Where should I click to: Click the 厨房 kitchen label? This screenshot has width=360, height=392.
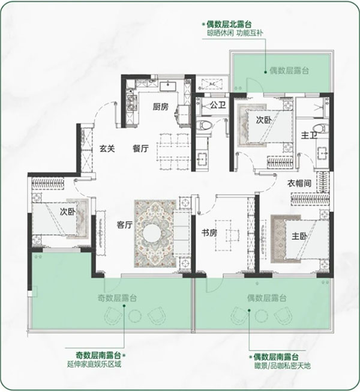pos(161,107)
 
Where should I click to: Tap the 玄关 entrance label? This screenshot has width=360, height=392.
pos(107,149)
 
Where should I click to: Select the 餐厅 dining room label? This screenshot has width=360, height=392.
pos(140,149)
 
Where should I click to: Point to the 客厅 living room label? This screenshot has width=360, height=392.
pos(124,225)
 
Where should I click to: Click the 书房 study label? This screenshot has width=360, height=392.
pos(209,233)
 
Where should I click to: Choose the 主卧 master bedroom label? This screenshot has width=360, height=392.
pos(299,236)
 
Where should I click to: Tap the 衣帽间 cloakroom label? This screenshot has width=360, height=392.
pos(299,184)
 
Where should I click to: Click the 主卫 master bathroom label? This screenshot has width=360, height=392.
pos(309,135)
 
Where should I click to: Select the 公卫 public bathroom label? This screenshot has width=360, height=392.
pos(218,105)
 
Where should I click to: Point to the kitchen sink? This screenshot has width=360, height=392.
pos(168,86)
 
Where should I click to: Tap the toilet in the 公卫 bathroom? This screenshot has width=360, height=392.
pos(205,125)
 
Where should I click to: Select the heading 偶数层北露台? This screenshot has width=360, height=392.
pos(229,24)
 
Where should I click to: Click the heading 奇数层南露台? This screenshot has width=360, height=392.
pos(98,355)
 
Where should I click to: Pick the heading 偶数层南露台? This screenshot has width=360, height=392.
pos(276,357)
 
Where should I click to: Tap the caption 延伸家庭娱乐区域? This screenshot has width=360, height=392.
pos(94,364)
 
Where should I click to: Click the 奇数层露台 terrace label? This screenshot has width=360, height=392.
pos(117,298)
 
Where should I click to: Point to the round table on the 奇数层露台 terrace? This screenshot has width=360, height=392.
pos(135,316)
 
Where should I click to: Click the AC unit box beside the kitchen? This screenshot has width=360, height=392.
pos(212,84)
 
